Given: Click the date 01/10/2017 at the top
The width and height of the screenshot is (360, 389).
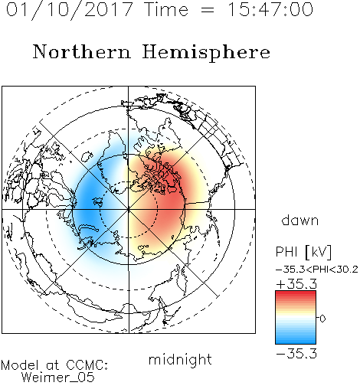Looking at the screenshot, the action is (70, 9).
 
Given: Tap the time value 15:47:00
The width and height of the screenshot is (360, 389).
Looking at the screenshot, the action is (270, 9).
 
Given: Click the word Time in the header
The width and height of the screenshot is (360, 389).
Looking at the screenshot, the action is (166, 9).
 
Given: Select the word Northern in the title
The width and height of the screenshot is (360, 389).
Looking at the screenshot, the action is (82, 52).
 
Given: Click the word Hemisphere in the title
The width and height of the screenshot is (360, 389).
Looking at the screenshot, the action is (206, 53).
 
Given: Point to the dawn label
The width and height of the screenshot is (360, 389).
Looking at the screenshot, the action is (300, 220).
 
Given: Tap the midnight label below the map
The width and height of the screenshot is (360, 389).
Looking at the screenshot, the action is (180, 360).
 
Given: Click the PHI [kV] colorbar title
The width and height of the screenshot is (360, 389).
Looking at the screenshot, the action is (303, 252).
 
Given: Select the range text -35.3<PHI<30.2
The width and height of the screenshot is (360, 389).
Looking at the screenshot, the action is (317, 270).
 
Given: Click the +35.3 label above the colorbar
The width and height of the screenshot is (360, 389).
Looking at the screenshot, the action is (296, 284).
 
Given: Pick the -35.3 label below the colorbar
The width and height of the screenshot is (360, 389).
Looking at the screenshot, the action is (296, 354).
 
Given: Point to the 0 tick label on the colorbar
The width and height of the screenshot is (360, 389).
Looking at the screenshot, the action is (322, 319).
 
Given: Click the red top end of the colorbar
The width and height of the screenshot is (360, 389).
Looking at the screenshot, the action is (296, 293).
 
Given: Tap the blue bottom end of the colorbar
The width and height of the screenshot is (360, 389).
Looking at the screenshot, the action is (296, 342).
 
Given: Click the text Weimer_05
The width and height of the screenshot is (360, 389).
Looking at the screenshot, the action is (58, 378).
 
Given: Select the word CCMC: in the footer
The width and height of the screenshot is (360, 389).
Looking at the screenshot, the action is (87, 365).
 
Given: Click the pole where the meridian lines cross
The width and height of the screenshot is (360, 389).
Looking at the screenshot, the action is (129, 209).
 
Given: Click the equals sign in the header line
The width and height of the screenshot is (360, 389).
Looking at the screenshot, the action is (208, 10).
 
